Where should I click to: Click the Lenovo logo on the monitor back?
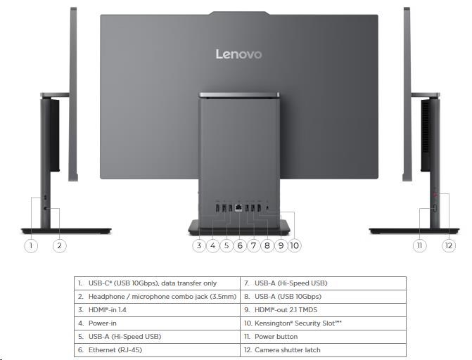[238, 54]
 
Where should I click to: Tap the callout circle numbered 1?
[31, 245]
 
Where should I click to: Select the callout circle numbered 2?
[59, 245]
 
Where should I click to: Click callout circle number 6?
[240, 245]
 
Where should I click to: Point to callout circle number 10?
[295, 245]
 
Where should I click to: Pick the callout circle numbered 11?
[420, 245]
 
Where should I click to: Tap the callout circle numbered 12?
[449, 245]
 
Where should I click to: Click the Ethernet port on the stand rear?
[238, 207]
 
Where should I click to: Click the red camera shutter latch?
[435, 195]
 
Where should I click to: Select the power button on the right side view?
[435, 208]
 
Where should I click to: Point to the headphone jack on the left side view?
[46, 208]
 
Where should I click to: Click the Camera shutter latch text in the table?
[288, 349]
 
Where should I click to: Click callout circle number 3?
[199, 245]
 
